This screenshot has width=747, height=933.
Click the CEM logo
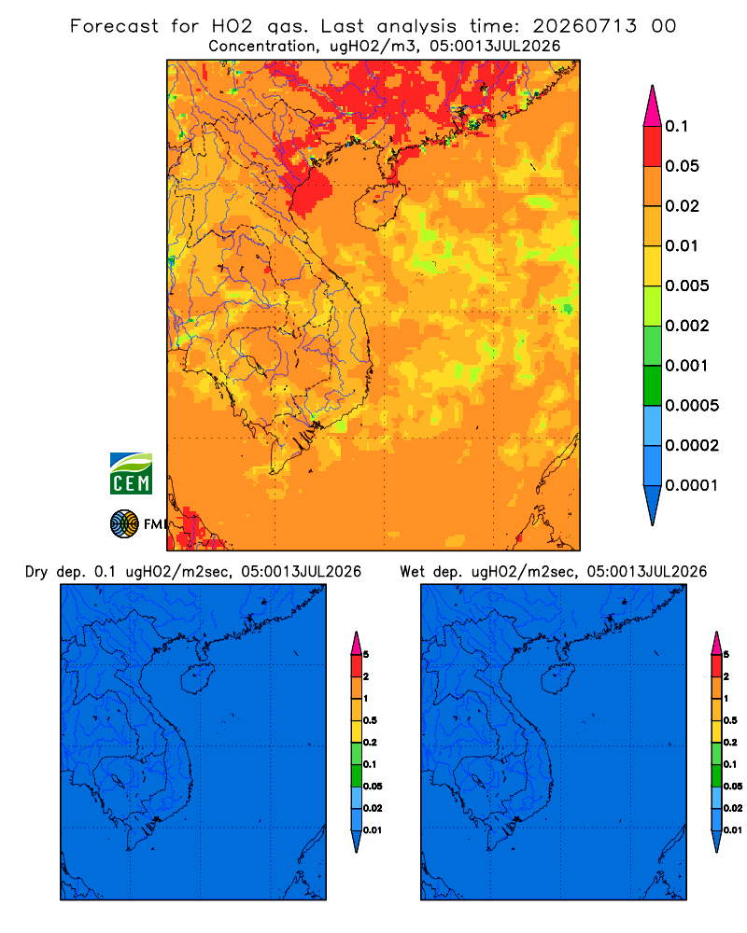pyautogui.click(x=131, y=474)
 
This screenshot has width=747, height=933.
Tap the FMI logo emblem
pyautogui.click(x=124, y=524)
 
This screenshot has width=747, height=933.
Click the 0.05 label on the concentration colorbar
pyautogui.click(x=682, y=166)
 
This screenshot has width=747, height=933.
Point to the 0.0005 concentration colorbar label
pyautogui.click(x=692, y=406)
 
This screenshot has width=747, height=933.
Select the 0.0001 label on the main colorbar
pyautogui.click(x=692, y=485)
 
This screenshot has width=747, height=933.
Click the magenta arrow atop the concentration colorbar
pyautogui.click(x=653, y=106)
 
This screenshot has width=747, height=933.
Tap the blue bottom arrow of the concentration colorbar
pyautogui.click(x=653, y=505)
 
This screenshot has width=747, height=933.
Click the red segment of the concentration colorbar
pyautogui.click(x=653, y=146)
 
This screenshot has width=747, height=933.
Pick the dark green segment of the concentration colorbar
pyautogui.click(x=653, y=385)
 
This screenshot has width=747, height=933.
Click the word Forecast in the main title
pyautogui.click(x=114, y=26)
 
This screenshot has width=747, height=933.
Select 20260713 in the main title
pyautogui.click(x=585, y=26)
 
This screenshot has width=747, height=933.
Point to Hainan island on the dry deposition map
pyautogui.click(x=197, y=679)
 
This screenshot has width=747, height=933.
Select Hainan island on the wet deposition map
pyautogui.click(x=558, y=679)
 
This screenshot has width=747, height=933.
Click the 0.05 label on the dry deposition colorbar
pyautogui.click(x=373, y=786)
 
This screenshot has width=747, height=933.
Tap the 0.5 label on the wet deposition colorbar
pyautogui.click(x=730, y=720)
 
